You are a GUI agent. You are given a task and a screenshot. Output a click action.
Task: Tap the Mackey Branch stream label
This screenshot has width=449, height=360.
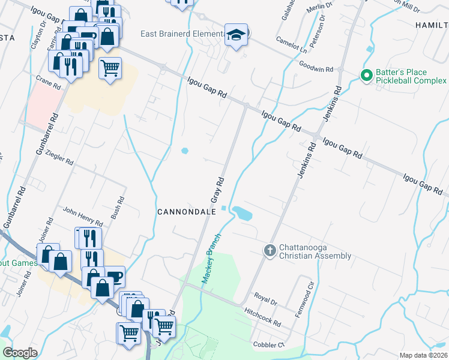[211, 258]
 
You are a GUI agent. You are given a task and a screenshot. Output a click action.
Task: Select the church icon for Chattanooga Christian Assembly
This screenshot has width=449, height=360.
[270, 250]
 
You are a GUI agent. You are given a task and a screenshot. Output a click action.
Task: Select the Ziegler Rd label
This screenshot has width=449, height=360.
[59, 158]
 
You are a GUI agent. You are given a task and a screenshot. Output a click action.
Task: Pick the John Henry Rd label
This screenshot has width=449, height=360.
[83, 215]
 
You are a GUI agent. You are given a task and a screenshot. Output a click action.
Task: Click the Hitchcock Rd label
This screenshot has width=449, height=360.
[263, 317]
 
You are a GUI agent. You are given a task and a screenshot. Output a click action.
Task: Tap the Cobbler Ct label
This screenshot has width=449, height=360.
[268, 345]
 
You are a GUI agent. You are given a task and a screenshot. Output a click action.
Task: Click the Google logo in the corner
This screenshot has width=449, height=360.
[20, 353]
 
